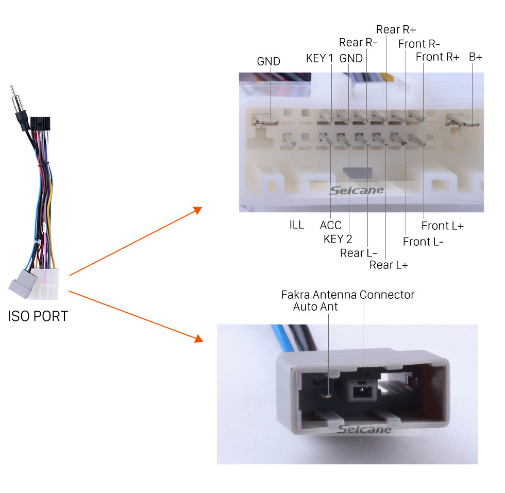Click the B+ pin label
[x=475, y=57]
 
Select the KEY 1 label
[x=319, y=58]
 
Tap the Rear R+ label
[x=396, y=30]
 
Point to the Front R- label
[x=419, y=44]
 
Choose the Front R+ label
[x=437, y=57]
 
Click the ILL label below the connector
[x=297, y=225]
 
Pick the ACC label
[x=330, y=225]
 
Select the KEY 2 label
[x=338, y=239]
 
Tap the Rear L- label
[x=359, y=253]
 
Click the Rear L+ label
[x=389, y=265]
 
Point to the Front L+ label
[x=443, y=226]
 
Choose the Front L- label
[x=423, y=242]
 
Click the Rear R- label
[x=358, y=43]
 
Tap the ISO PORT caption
[x=38, y=316]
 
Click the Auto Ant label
[x=315, y=307]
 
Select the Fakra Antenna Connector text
[x=348, y=295]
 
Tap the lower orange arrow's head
[x=199, y=338]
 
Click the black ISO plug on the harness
[x=40, y=124]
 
